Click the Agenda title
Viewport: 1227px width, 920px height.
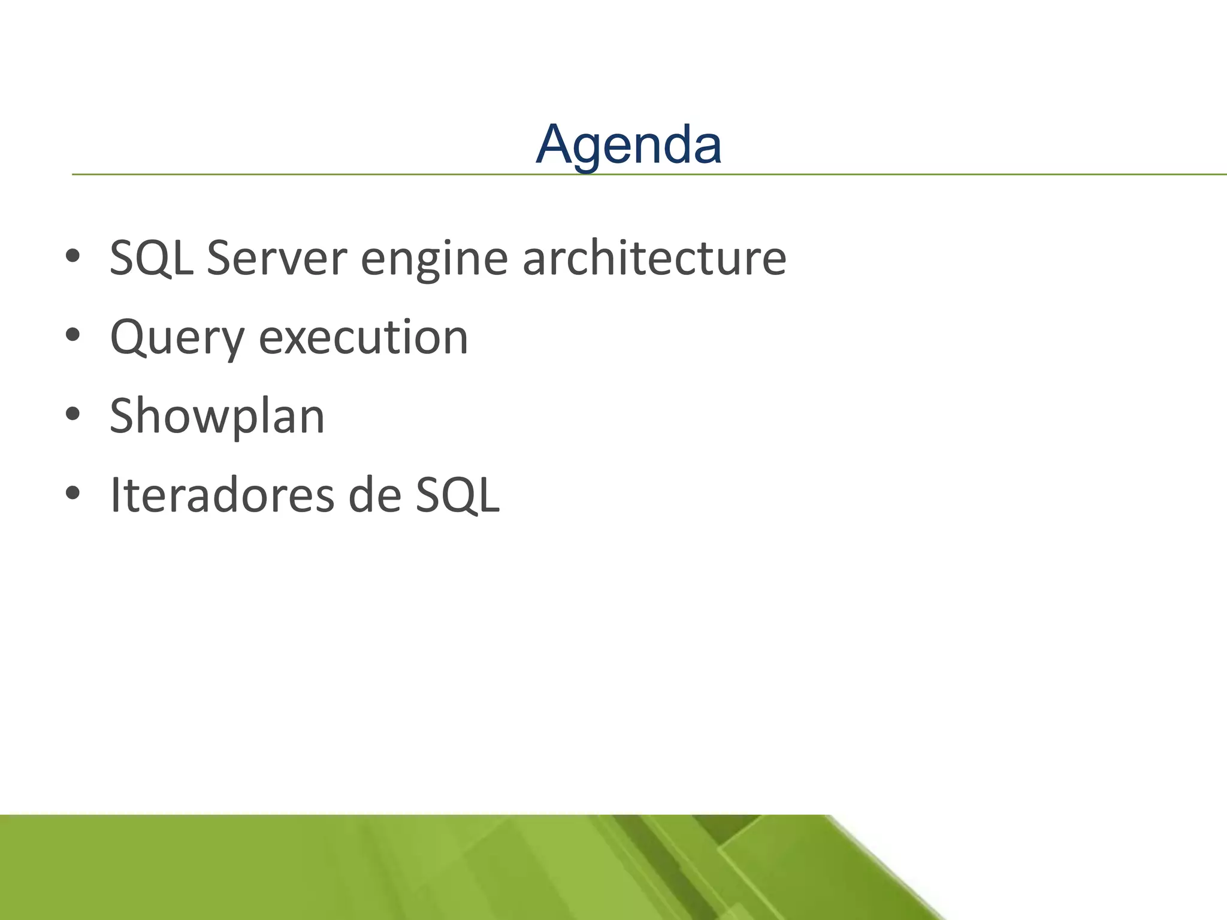point(628,144)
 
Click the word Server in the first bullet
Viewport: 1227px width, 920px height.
point(277,258)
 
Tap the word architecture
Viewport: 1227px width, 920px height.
point(654,258)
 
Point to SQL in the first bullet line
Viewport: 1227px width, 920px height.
point(152,258)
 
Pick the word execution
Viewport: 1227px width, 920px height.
point(364,337)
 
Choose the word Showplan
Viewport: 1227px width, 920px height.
point(217,417)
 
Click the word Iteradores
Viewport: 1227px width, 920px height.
point(222,495)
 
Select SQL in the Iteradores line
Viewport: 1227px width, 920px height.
point(458,495)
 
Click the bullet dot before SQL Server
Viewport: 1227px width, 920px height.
point(72,256)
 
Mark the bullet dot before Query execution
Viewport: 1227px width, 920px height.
point(72,335)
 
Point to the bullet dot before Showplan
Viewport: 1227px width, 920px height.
point(72,414)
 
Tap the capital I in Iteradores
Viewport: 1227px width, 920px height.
point(116,495)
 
